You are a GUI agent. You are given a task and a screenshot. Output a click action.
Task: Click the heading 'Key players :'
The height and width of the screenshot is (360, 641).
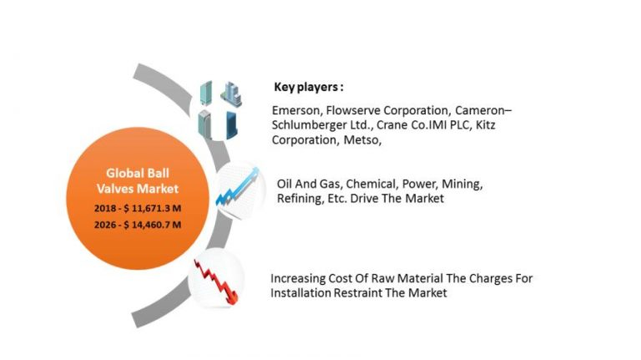tap(309, 87)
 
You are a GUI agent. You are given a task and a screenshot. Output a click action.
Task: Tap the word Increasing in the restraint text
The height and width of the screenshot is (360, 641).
tap(300, 278)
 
